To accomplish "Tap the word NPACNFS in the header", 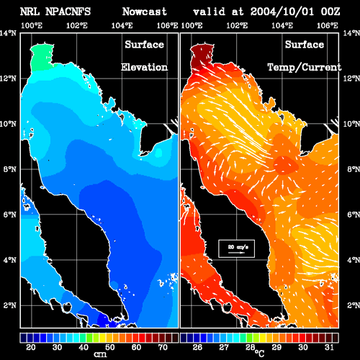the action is (68, 12).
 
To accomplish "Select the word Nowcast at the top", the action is (145, 12).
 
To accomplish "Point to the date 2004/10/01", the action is (282, 12).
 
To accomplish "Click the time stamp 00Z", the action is (330, 12).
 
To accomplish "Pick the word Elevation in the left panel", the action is (144, 67).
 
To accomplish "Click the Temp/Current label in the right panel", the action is (305, 68).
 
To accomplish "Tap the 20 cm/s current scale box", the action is (236, 248).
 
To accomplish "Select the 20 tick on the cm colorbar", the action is (31, 347).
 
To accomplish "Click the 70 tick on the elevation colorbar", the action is (163, 347).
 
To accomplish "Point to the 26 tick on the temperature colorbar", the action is (197, 347).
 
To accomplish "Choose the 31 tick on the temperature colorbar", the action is (329, 347).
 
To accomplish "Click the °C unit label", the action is (259, 354).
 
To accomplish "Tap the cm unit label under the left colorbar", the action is (100, 354).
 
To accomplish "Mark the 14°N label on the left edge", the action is (8, 33).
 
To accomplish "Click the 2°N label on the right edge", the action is (354, 305).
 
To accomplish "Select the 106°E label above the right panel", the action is (328, 25).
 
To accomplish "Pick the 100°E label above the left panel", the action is (32, 25).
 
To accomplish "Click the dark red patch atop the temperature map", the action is (201, 55).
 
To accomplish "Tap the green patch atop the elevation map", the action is (41, 58).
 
